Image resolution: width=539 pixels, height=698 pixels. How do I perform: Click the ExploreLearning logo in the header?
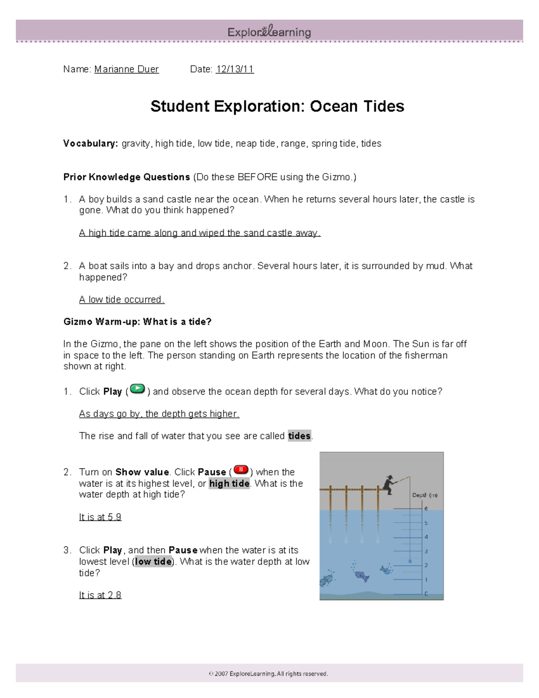[x=269, y=32]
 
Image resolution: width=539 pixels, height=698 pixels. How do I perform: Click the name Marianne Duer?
[x=126, y=69]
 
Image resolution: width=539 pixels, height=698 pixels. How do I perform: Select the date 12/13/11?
[x=235, y=69]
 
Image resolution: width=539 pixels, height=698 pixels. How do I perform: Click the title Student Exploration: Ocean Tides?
[x=277, y=107]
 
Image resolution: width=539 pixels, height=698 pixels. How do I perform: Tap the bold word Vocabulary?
[x=90, y=143]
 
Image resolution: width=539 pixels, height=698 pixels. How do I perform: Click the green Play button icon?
[x=137, y=389]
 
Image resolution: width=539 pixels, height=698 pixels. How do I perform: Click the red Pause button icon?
[x=241, y=470]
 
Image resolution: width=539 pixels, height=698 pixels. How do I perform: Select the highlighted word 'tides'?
[x=299, y=436]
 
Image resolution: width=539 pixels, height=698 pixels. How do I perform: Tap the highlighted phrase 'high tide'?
[x=229, y=484]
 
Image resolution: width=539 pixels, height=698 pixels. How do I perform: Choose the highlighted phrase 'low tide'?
[x=153, y=562]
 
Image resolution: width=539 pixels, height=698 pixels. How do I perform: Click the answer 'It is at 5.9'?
[x=100, y=517]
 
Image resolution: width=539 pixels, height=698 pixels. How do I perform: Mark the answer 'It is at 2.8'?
[x=100, y=595]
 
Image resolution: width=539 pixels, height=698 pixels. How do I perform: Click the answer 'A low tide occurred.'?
[x=122, y=300]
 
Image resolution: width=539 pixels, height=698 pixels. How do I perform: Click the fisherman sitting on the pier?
[x=389, y=485]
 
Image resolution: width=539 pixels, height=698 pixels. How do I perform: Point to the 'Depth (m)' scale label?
[x=424, y=495]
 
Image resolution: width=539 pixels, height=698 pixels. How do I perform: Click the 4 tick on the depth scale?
[x=426, y=537]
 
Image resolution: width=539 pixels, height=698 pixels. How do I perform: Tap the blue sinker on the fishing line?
[x=410, y=561]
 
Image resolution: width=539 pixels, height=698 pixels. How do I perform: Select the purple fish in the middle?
[x=361, y=576]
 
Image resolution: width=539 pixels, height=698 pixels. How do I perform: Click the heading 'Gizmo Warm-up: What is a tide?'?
[x=137, y=322]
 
